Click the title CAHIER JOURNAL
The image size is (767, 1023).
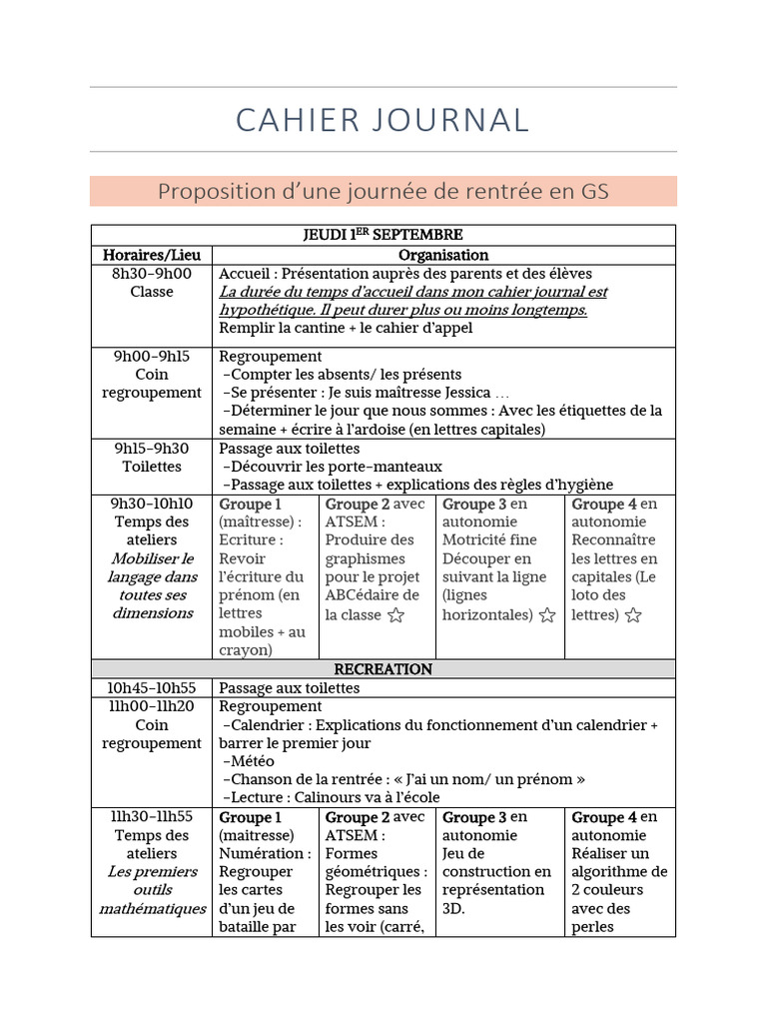tap(383, 119)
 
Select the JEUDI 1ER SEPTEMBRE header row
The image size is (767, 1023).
tap(383, 235)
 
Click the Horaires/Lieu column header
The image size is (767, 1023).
tap(151, 255)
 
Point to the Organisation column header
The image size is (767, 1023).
tap(442, 255)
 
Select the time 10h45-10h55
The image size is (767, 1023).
tap(151, 688)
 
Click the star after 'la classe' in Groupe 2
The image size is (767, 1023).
tap(396, 615)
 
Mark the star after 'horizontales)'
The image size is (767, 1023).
tap(546, 615)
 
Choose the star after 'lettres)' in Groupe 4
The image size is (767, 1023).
tap(633, 615)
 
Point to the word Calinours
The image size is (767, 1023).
tap(328, 797)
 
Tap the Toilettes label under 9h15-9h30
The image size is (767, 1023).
tap(151, 467)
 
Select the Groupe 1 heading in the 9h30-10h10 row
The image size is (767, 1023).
tap(250, 504)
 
